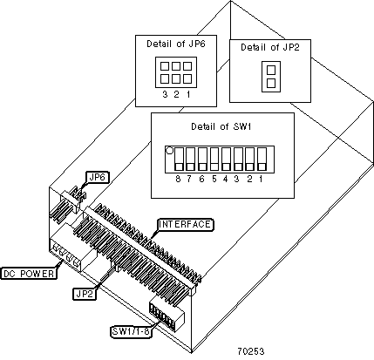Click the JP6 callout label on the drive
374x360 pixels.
[98, 177]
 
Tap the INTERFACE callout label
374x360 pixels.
[185, 225]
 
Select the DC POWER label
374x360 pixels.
[29, 274]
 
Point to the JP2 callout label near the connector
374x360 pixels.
[84, 294]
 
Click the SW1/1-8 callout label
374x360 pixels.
[132, 331]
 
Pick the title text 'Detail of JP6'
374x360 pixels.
[176, 44]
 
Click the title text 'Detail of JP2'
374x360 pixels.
[270, 47]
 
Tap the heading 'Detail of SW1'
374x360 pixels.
[221, 126]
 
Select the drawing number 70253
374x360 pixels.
[251, 351]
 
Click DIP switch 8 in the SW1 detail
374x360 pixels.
[179, 159]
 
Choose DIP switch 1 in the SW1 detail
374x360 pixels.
[262, 159]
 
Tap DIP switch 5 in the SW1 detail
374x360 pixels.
[214, 159]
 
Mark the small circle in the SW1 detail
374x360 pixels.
[169, 151]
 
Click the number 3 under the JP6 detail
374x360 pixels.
[165, 94]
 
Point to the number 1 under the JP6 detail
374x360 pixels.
[188, 94]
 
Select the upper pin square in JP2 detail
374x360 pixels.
[271, 70]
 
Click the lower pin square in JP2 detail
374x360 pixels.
[271, 83]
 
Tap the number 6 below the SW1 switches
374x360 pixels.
[201, 179]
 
